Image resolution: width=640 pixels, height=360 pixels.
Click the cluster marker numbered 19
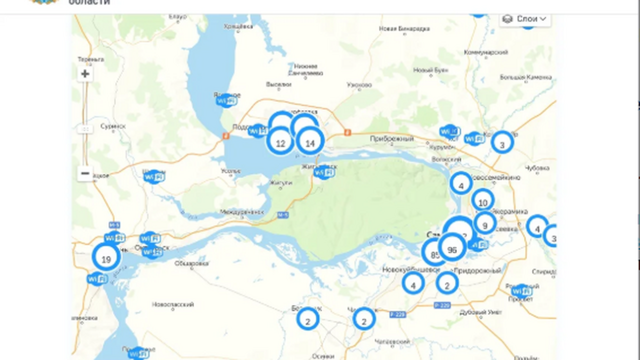(106, 259)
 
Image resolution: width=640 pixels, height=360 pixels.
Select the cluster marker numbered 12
(280, 143)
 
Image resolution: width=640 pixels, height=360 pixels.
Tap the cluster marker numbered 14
(310, 143)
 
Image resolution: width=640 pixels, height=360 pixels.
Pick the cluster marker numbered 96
(452, 249)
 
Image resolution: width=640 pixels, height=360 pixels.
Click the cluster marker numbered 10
(482, 202)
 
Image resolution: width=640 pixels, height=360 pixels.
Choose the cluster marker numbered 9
(484, 225)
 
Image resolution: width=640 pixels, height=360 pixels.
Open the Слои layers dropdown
(525, 19)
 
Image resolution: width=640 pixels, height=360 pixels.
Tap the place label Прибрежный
(392, 138)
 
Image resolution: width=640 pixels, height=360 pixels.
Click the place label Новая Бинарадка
(404, 28)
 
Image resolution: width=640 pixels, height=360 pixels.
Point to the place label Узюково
(359, 85)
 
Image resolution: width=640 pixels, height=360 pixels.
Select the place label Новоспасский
(173, 304)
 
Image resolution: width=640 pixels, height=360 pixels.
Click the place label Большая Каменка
(525, 77)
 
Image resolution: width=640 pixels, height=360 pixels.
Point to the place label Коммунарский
(486, 52)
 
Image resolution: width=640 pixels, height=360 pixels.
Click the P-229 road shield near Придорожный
(442, 305)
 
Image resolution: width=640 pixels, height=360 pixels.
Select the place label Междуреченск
(242, 212)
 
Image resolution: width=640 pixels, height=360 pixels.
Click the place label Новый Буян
(430, 70)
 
